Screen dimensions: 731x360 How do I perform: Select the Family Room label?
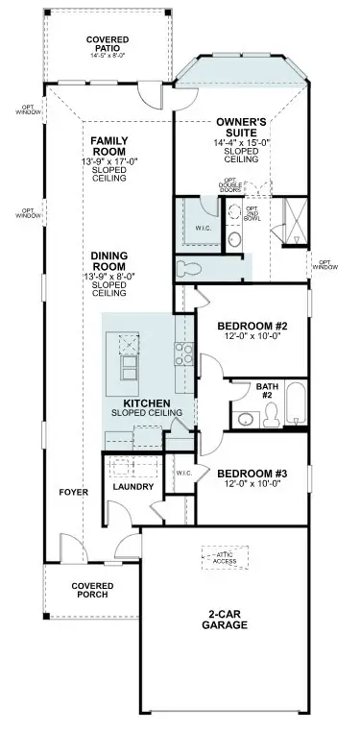(x=109, y=146)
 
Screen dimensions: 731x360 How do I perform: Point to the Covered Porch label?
(x=93, y=589)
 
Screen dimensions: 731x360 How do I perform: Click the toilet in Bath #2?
(x=270, y=413)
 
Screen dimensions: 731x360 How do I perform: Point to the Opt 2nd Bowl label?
(x=252, y=214)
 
